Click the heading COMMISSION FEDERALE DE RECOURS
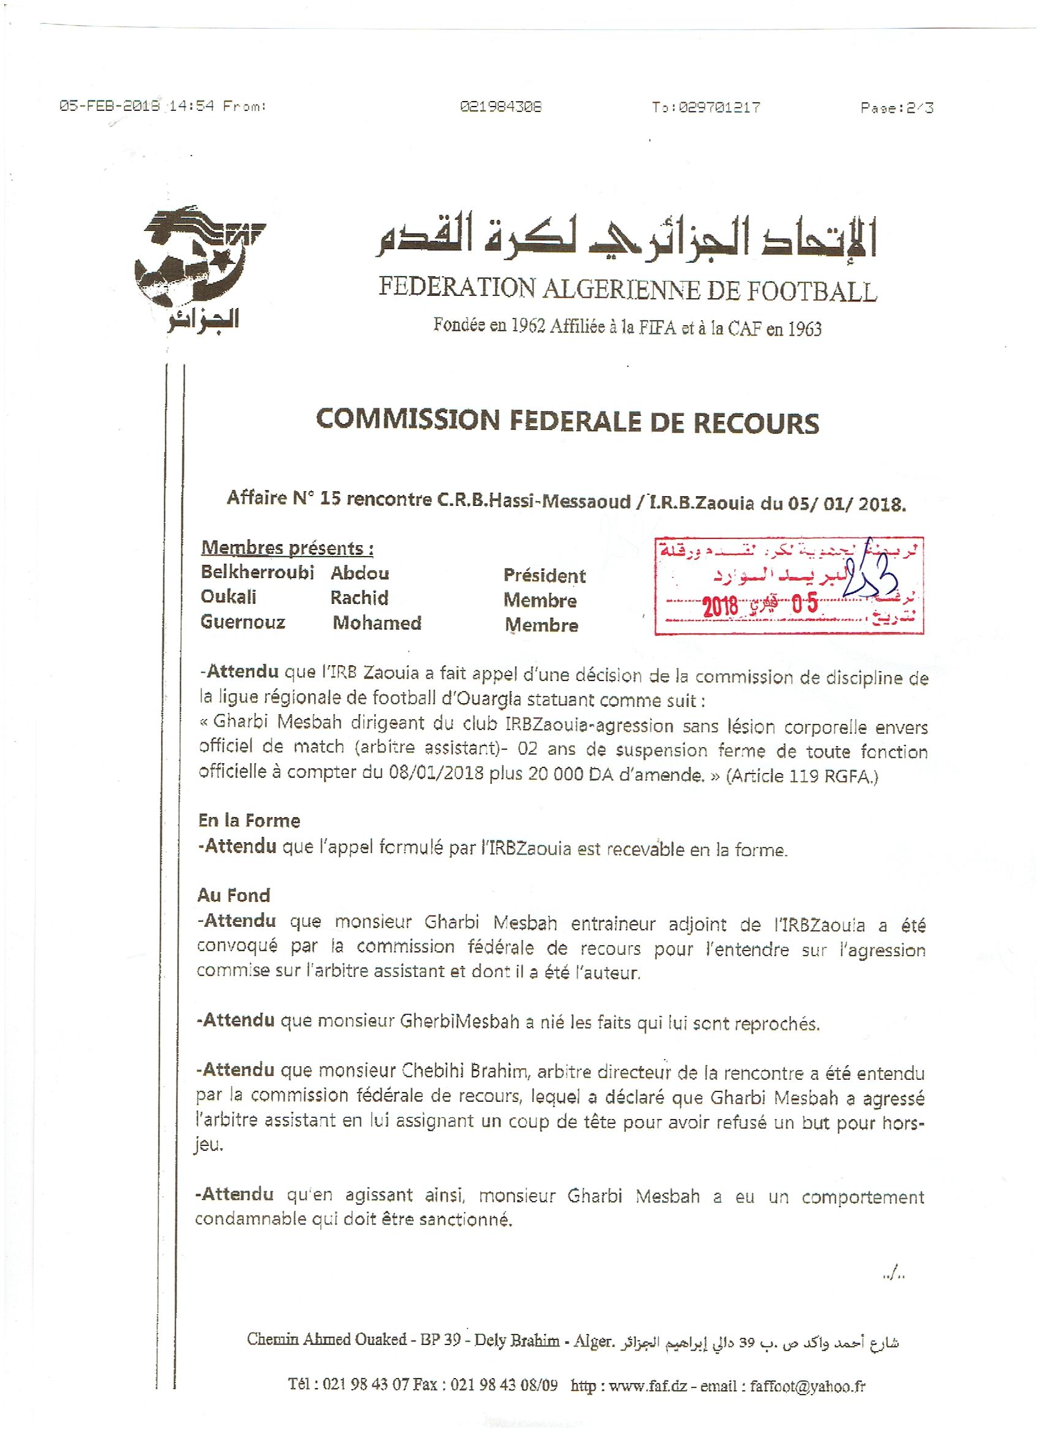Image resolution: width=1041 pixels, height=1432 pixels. (567, 422)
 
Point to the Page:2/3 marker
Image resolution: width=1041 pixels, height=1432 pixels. (896, 108)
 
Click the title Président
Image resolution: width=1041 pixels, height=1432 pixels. (544, 575)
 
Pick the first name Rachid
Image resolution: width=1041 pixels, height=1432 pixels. (359, 597)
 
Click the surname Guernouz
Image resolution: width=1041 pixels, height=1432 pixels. (243, 622)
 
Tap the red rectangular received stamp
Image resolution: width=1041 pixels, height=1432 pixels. (789, 586)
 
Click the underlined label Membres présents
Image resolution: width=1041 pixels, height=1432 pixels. (287, 548)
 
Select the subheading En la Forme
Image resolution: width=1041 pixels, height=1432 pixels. (249, 820)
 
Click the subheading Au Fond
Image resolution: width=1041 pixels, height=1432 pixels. (233, 895)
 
